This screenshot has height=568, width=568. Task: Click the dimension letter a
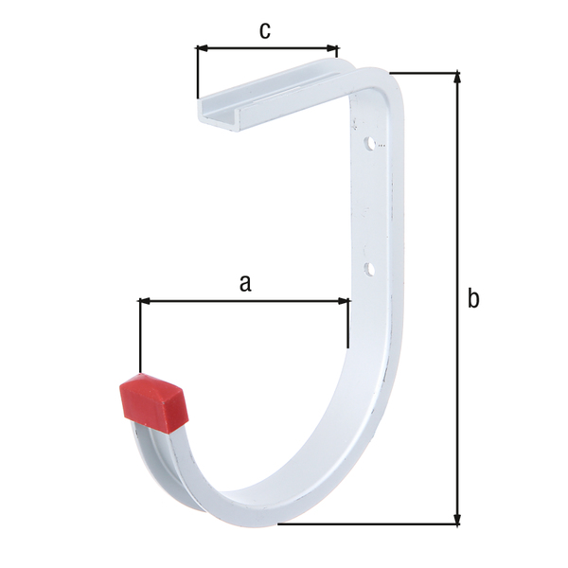click(x=245, y=282)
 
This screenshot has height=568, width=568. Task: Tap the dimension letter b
click(x=473, y=299)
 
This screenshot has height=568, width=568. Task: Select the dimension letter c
click(x=265, y=30)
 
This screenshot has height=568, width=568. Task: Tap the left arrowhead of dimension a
click(x=145, y=302)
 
